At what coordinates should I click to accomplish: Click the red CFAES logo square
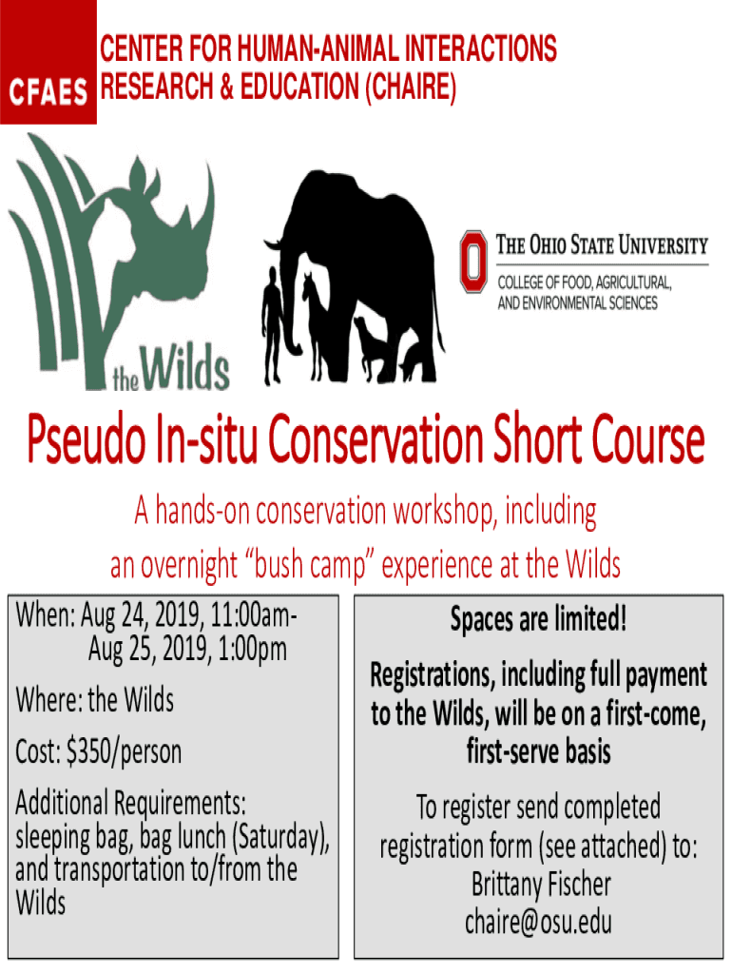(x=48, y=62)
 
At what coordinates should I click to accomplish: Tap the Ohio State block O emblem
(x=473, y=261)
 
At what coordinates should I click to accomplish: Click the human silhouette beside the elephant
(x=272, y=325)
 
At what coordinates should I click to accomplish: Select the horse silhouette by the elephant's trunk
(x=316, y=325)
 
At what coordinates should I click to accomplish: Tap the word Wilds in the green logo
(x=185, y=368)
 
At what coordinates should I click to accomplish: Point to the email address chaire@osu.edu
(x=538, y=922)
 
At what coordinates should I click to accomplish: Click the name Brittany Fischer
(x=541, y=885)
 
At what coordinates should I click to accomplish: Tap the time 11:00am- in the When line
(x=253, y=616)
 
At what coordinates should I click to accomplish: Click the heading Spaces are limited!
(x=538, y=618)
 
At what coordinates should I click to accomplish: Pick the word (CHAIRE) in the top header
(x=411, y=87)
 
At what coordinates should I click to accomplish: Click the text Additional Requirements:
(x=130, y=803)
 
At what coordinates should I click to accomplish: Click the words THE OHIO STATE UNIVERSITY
(x=602, y=244)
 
